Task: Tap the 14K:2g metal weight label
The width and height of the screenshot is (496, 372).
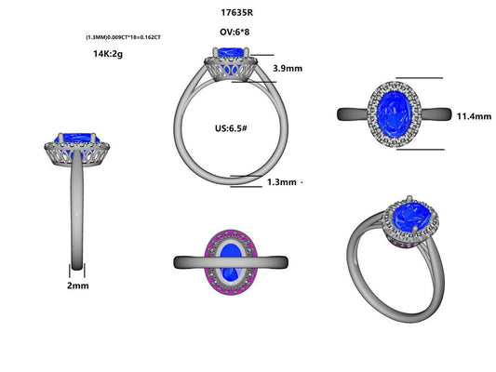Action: [109, 54]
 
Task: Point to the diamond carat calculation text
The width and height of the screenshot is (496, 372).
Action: [123, 37]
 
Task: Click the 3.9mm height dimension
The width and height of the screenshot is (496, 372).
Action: [288, 69]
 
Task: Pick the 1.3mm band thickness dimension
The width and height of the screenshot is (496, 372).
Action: [283, 182]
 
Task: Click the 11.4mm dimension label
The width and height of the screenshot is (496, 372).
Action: [473, 116]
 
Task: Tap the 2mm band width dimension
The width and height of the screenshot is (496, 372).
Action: [78, 286]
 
